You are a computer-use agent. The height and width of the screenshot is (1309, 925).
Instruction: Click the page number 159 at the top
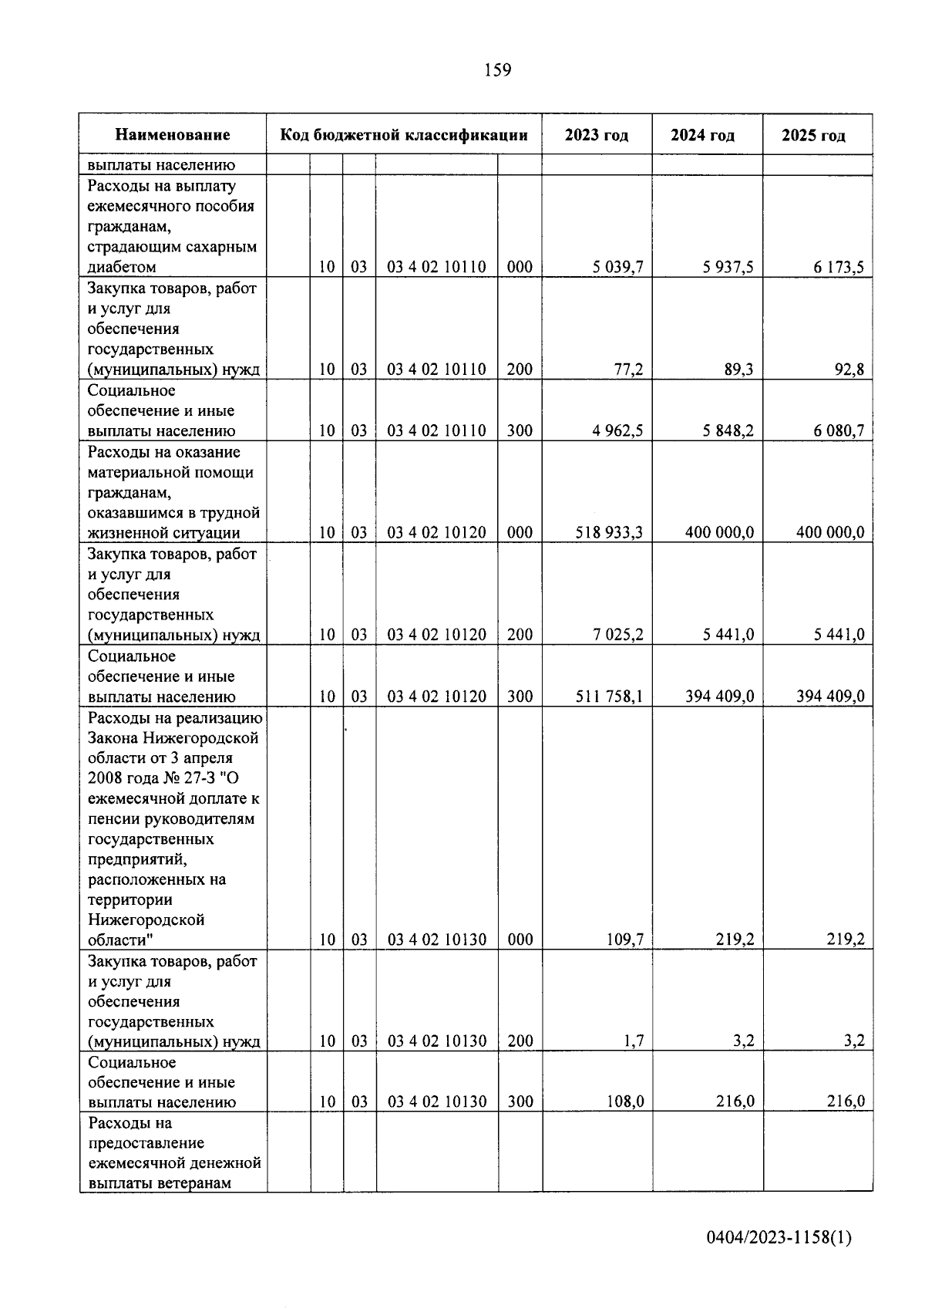(x=497, y=71)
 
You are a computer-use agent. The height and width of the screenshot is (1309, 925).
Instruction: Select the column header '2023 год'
(x=596, y=136)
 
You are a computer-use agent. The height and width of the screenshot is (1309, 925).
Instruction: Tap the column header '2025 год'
(x=813, y=136)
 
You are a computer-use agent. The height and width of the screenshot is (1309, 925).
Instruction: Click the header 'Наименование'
(x=173, y=135)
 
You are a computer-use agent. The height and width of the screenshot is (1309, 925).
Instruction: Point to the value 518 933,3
(x=609, y=533)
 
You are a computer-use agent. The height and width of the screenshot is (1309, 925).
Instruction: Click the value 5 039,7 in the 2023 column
(x=617, y=268)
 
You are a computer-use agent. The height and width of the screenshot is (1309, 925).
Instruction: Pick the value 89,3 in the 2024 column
(x=738, y=369)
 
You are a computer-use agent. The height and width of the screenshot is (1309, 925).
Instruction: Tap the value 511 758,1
(x=609, y=697)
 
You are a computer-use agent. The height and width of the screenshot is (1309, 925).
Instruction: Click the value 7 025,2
(x=617, y=635)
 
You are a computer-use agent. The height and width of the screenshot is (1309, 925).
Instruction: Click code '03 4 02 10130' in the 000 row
(x=436, y=940)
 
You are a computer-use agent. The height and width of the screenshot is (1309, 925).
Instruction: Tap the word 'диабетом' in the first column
(x=122, y=268)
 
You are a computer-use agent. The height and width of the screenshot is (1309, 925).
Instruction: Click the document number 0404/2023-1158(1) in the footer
(x=779, y=1238)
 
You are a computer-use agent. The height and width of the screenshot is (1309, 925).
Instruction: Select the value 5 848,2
(x=728, y=431)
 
